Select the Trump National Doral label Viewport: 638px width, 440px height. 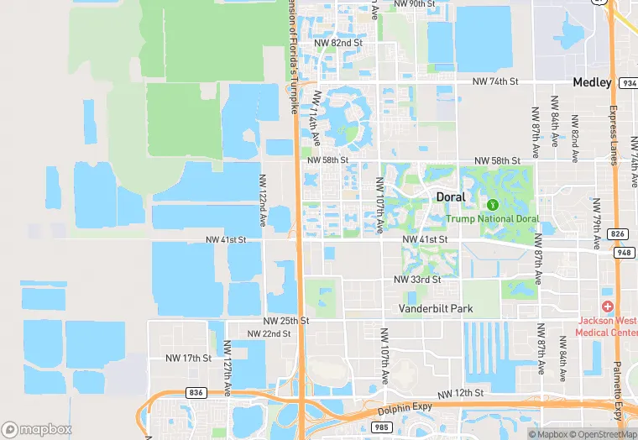pos(493,219)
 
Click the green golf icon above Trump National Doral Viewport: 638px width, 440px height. pos(493,204)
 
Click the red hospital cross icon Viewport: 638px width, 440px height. pos(607,307)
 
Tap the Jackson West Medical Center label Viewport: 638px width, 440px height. pos(607,326)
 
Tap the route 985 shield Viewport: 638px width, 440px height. pos(381,427)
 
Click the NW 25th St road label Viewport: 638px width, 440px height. pos(285,321)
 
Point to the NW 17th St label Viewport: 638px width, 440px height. pos(189,358)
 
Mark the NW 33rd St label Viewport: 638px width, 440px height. pos(417,280)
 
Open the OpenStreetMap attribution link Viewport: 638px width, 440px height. pos(601,434)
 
